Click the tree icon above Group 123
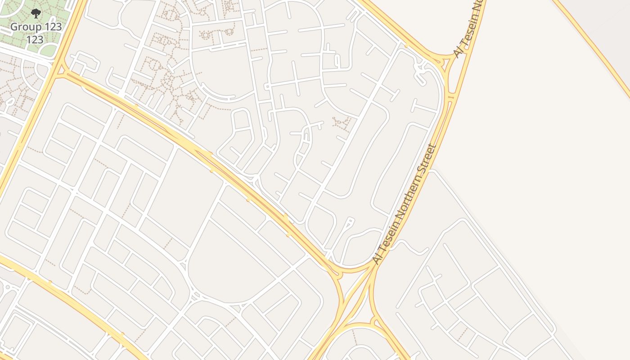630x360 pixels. coord(36,13)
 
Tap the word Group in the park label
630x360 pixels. coord(26,27)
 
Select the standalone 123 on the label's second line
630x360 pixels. coord(35,40)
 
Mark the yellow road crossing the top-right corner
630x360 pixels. coord(594,45)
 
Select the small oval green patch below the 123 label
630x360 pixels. coord(48,51)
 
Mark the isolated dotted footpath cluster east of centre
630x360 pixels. coord(341,122)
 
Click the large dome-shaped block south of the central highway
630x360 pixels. coord(225,265)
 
